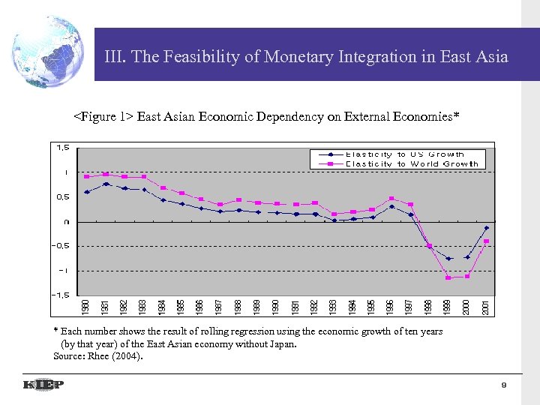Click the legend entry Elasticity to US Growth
pyautogui.click(x=405, y=154)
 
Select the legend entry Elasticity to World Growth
pyautogui.click(x=411, y=163)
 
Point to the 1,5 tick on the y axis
pyautogui.click(x=61, y=148)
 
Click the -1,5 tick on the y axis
pyautogui.click(x=60, y=295)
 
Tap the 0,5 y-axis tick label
pyautogui.click(x=61, y=196)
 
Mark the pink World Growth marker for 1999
pyautogui.click(x=448, y=278)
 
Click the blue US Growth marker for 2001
pyautogui.click(x=487, y=228)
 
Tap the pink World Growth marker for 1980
pyautogui.click(x=87, y=177)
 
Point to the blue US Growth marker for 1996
pyautogui.click(x=391, y=207)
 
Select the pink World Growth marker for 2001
pyautogui.click(x=487, y=241)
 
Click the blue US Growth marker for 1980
pyautogui.click(x=87, y=192)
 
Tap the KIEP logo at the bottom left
pyautogui.click(x=43, y=385)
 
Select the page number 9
pyautogui.click(x=505, y=385)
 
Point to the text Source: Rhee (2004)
pyautogui.click(x=97, y=355)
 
